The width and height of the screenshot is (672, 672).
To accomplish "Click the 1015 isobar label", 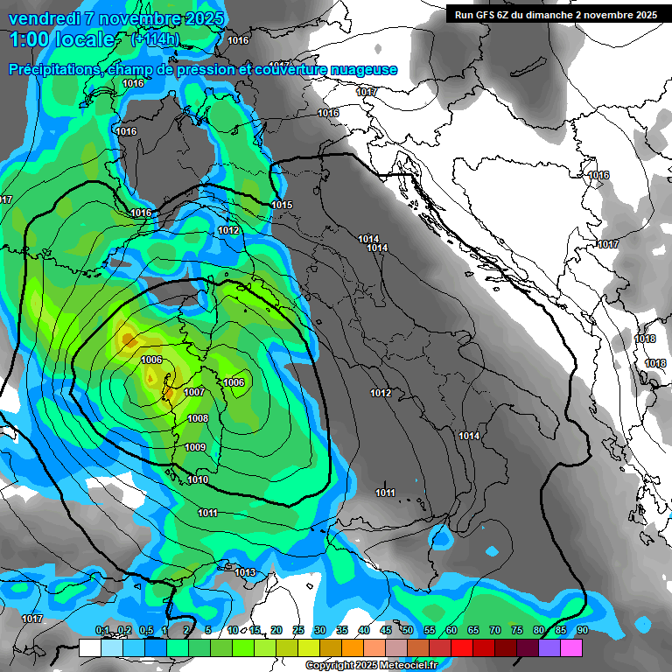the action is [x=282, y=205].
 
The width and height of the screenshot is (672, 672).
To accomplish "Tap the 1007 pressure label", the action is [x=194, y=392].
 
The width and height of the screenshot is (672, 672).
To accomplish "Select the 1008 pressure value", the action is [x=198, y=419].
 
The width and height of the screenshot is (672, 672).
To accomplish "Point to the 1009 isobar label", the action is [x=195, y=448].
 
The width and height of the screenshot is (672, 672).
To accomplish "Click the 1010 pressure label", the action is [x=198, y=479].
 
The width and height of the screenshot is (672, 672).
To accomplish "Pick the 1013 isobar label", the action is [x=245, y=572].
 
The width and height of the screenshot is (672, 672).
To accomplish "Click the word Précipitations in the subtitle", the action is [x=52, y=70].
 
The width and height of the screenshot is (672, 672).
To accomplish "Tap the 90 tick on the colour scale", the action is [x=582, y=631].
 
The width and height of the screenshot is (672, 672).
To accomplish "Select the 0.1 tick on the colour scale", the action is [x=101, y=631].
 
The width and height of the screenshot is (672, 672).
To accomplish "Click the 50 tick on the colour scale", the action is [x=408, y=631].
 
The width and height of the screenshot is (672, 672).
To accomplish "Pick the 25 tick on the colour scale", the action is [x=298, y=631].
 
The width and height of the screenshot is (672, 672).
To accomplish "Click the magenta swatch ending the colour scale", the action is [x=571, y=647].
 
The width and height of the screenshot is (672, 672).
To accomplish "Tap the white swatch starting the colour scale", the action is [x=89, y=647].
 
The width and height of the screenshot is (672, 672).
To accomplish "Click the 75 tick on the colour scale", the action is [x=516, y=631].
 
